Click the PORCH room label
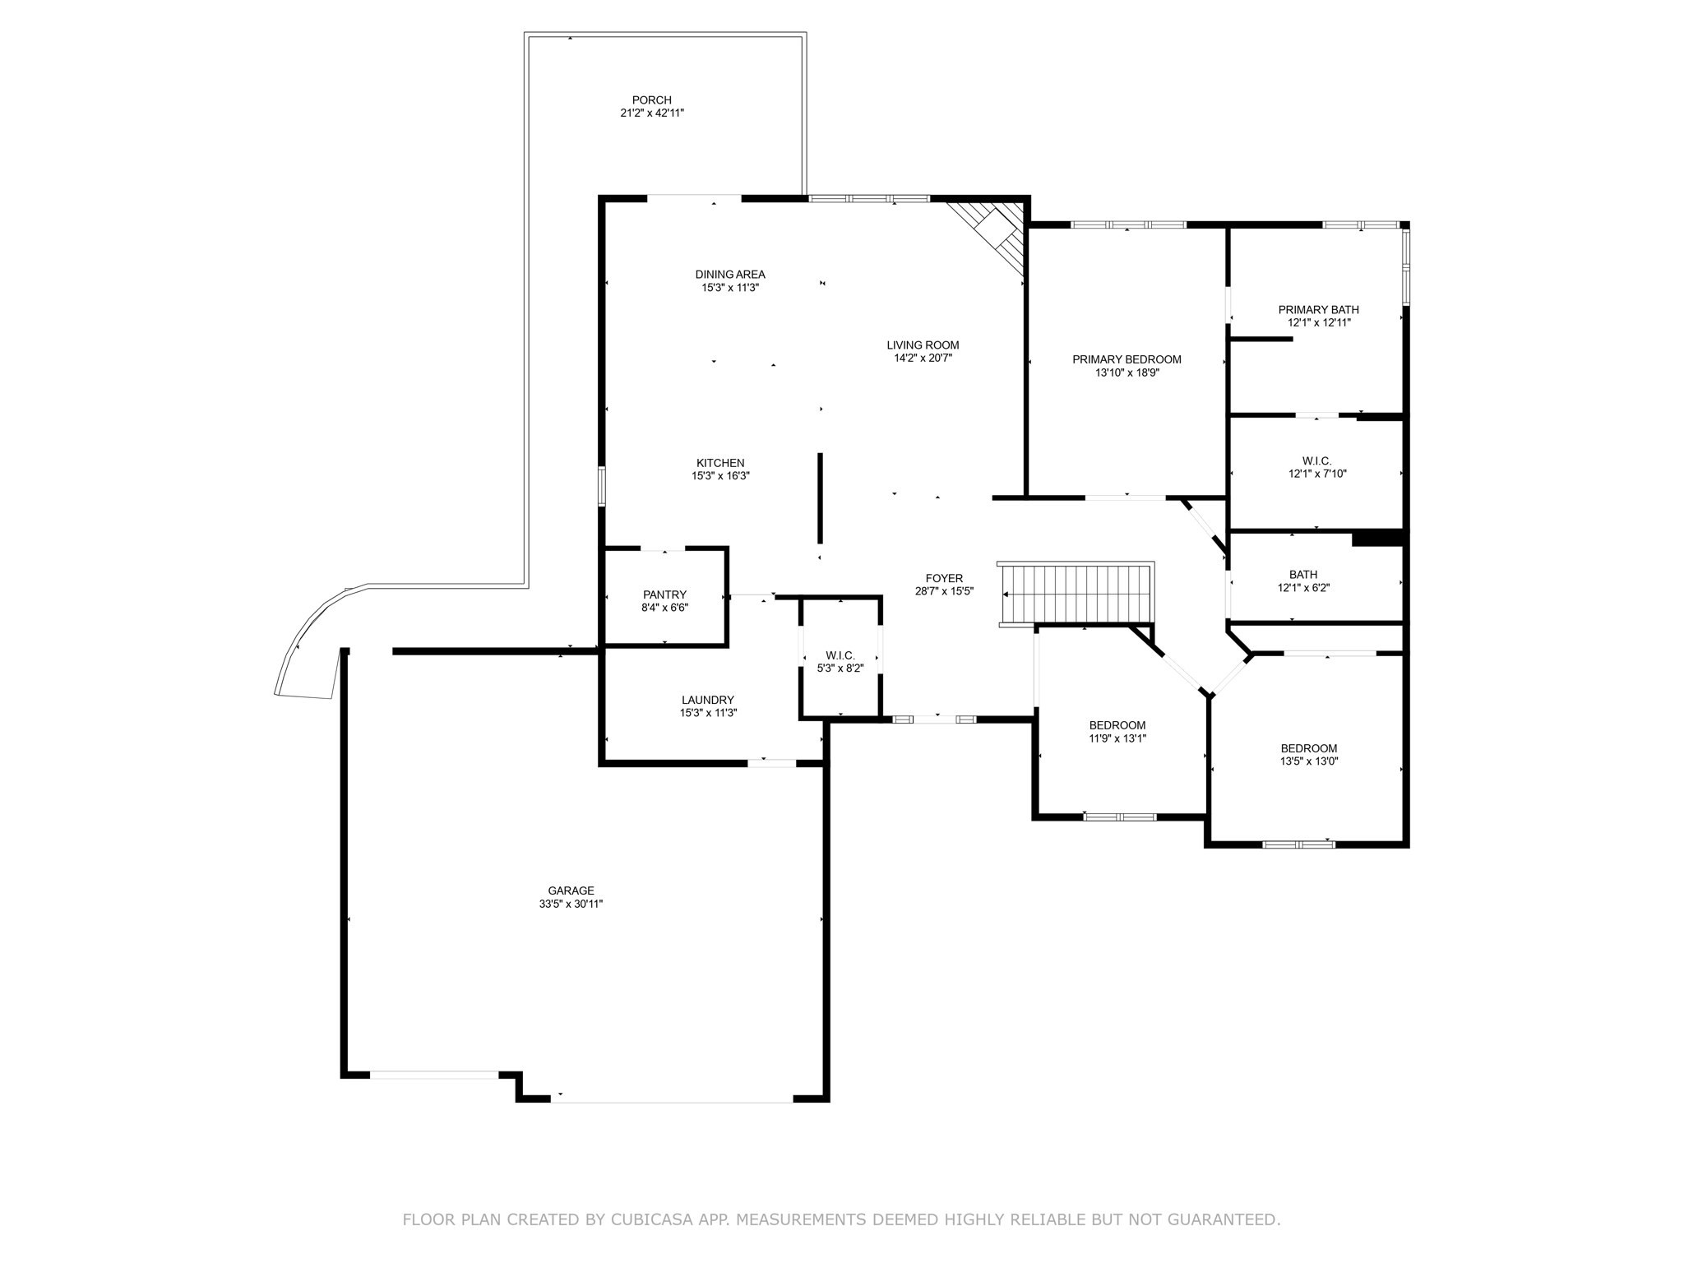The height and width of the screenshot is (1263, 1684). point(651,100)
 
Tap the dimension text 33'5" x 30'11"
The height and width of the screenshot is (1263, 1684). point(571,904)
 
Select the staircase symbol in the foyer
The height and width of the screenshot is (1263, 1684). point(1076,594)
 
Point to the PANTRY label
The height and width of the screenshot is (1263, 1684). point(664,594)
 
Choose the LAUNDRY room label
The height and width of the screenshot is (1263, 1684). point(707,700)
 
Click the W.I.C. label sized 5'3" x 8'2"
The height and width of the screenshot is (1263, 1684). point(840,655)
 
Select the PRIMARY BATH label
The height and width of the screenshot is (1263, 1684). point(1318,310)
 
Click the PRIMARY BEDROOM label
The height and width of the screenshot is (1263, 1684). point(1127,359)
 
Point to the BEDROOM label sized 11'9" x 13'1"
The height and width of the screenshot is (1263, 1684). point(1117,725)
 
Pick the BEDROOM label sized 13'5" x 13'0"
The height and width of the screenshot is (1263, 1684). point(1308,748)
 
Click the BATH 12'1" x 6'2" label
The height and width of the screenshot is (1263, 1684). point(1303,575)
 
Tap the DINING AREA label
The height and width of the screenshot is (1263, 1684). point(729,275)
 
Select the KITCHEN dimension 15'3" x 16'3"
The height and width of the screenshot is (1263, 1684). point(720,476)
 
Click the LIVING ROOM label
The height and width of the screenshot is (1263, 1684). point(923,345)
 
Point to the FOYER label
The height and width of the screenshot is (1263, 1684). point(944,579)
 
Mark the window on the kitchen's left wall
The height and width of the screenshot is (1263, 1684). point(602,486)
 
